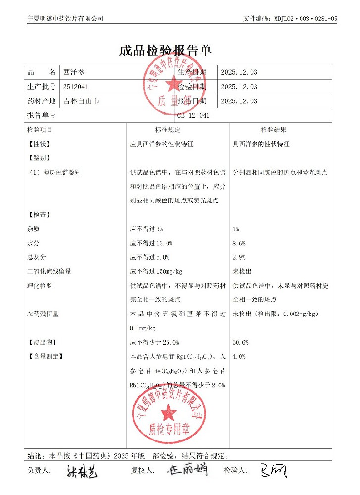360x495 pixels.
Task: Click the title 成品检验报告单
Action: [165, 50]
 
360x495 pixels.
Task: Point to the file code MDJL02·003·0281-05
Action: [305, 19]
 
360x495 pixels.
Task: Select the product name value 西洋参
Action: [74, 72]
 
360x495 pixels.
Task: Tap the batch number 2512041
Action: [76, 87]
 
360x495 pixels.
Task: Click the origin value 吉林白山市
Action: [81, 101]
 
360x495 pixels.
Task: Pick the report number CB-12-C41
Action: [194, 116]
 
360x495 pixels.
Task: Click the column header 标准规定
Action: [167, 130]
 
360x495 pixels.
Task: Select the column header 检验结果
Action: [273, 130]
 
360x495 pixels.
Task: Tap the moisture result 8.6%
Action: [239, 243]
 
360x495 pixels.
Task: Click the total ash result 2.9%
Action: [239, 257]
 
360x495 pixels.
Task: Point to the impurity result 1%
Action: [236, 229]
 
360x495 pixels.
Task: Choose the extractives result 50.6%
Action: [240, 342]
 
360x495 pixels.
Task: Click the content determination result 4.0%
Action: [239, 356]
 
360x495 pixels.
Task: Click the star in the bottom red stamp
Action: [169, 410]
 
